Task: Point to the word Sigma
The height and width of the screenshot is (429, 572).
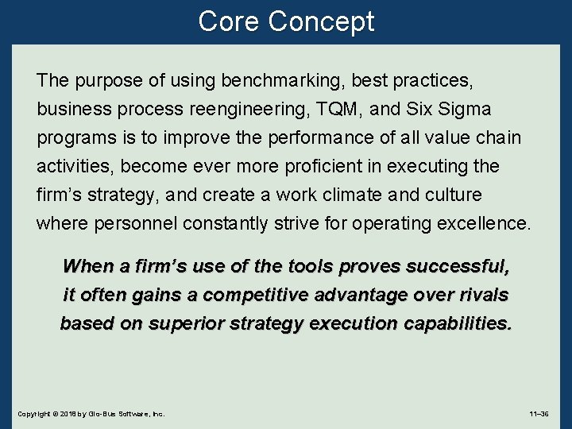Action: click(462, 109)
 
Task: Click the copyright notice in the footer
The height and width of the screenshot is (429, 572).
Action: click(91, 414)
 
